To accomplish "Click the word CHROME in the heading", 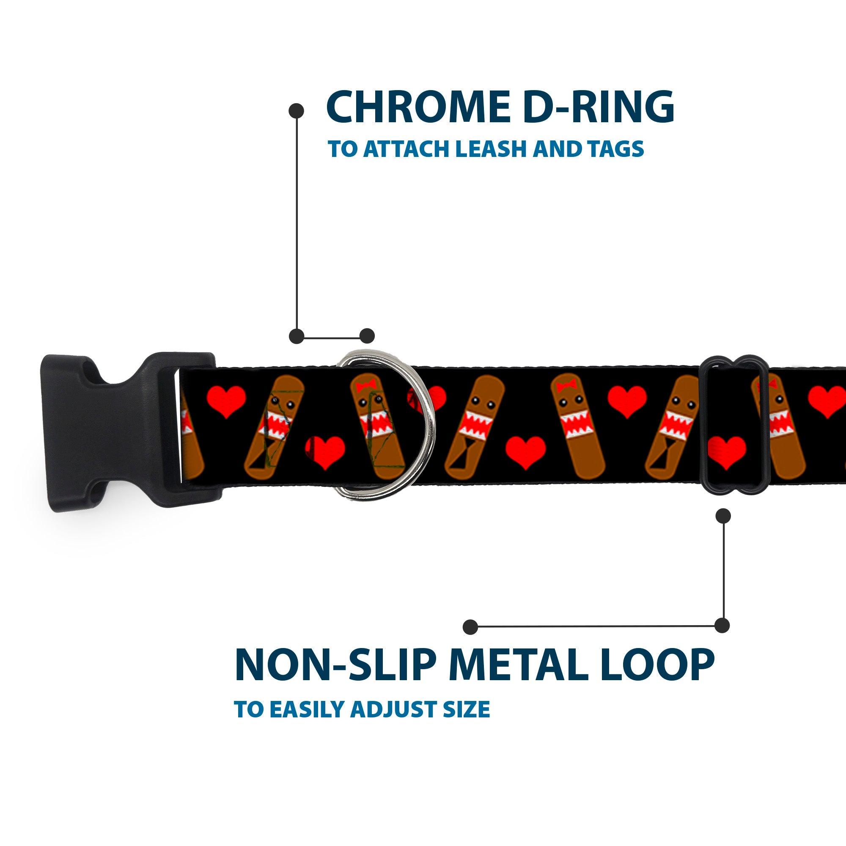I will tap(418, 107).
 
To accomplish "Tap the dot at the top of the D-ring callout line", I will tap(297, 111).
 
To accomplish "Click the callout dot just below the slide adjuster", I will tap(723, 516).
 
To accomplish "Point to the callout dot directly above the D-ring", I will tap(367, 336).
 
